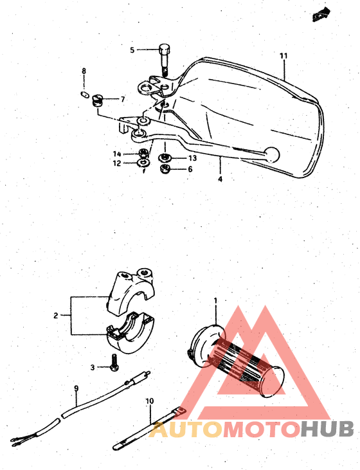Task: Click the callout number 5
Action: pos(132,50)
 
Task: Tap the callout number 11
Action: pos(283,57)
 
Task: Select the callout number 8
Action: pos(84,70)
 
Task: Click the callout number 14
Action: pos(117,154)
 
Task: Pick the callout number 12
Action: pos(117,163)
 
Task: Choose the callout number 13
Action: pos(192,158)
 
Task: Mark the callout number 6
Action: pos(190,169)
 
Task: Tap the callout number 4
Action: pos(220,179)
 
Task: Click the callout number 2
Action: pos(56,315)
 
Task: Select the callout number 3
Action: pos(93,367)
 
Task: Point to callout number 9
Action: pos(76,388)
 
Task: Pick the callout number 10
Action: pos(149,402)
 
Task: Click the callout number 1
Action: pos(216,300)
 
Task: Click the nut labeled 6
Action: pos(163,170)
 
